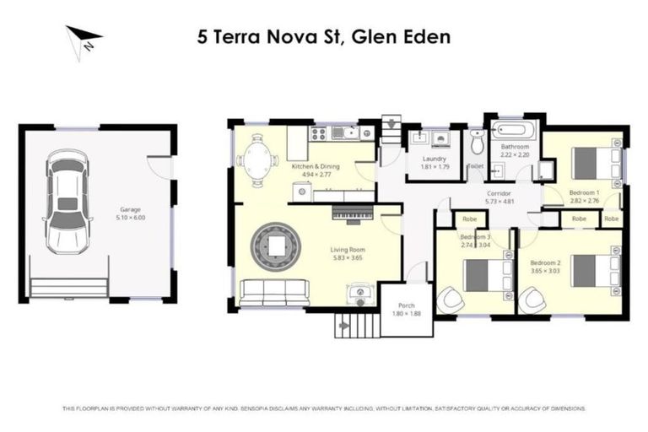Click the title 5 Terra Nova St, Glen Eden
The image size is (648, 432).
[324, 36]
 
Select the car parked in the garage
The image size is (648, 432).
[68, 201]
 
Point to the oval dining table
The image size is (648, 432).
[258, 157]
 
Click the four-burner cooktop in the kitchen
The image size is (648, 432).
[320, 132]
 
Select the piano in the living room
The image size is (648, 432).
[354, 214]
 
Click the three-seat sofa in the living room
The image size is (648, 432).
[274, 292]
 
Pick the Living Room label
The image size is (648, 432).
[346, 249]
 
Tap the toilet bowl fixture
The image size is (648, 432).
[477, 144]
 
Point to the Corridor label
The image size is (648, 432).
[499, 194]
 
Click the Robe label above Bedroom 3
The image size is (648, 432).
[470, 219]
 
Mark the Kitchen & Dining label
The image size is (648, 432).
[315, 167]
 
